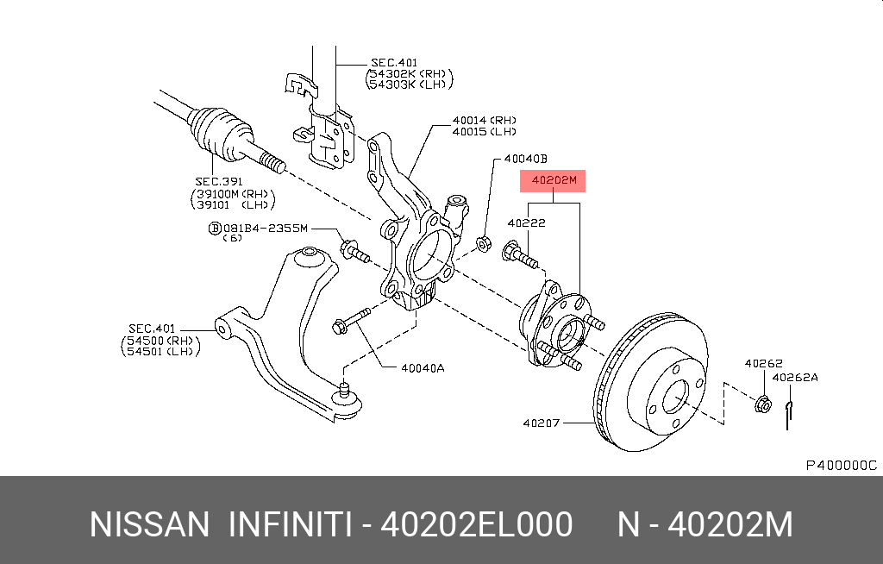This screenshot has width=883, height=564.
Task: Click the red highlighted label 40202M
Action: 552,181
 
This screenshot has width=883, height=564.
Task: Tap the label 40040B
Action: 526,159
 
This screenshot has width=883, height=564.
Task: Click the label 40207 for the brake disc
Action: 542,423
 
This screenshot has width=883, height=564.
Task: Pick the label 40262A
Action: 795,377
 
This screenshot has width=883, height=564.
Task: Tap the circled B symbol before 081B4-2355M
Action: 214,229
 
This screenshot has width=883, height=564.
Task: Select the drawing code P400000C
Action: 841,465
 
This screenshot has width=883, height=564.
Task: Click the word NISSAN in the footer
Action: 149,524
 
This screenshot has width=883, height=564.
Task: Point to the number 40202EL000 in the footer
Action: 477,524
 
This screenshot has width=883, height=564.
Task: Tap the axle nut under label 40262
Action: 762,403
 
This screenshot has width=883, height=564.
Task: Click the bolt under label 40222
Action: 523,254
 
